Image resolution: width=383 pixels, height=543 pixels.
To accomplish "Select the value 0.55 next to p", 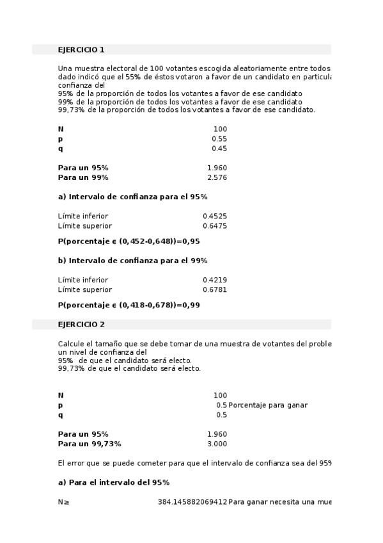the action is tap(219, 139).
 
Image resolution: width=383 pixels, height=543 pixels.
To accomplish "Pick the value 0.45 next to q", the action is tap(219, 149).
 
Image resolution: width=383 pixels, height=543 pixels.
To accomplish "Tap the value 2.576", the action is tap(217, 177).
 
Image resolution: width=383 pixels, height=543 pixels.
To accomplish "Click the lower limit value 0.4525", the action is tap(215, 216).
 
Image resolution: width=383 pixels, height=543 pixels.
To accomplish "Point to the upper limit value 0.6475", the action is tap(215, 225).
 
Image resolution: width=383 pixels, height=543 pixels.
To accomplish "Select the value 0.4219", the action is tap(215, 280).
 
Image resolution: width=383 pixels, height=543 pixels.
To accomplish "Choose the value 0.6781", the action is tap(215, 289).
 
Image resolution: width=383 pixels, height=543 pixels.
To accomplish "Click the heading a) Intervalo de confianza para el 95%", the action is tap(132, 197).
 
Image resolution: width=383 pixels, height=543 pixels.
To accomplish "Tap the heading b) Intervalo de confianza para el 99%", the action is tap(132, 261).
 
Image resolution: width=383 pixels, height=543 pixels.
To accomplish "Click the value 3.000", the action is tap(217, 443).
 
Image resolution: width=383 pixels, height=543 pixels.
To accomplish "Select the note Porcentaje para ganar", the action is tap(268, 405).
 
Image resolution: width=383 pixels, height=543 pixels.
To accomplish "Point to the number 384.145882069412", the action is tap(192, 501).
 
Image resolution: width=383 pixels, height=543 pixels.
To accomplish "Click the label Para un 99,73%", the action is tap(90, 443).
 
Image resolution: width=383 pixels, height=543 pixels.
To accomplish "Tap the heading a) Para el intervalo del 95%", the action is tap(113, 482).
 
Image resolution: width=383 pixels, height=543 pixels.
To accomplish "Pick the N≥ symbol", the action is tap(63, 501).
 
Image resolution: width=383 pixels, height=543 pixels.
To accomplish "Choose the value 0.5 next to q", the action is tap(221, 414).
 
